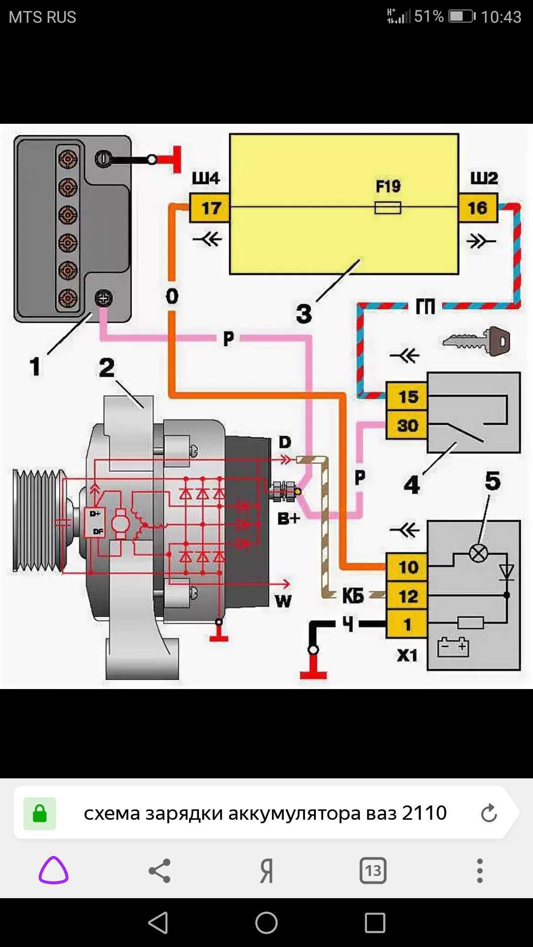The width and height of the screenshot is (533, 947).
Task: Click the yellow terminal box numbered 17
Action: click(x=210, y=208)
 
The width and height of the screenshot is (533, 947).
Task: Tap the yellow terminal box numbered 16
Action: click(x=478, y=208)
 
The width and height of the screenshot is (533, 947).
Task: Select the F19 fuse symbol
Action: click(x=387, y=208)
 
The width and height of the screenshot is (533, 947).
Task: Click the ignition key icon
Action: click(x=477, y=341)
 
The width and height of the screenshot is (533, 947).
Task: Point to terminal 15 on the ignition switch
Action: click(x=407, y=397)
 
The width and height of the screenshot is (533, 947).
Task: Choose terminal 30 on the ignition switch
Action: click(x=407, y=425)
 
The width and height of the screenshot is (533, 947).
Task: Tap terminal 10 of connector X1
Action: click(x=407, y=567)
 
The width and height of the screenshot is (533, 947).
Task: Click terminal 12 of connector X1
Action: click(x=407, y=596)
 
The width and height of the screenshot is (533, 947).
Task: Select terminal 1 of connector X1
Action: click(x=407, y=624)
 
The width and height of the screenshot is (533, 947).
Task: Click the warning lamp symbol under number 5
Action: click(x=478, y=553)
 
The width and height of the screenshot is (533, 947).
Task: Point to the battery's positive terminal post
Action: click(x=104, y=298)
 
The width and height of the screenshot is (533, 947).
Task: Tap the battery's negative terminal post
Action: click(x=104, y=159)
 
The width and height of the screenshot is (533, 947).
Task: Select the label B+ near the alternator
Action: click(x=289, y=518)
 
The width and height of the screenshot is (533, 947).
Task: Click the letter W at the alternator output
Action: click(x=283, y=601)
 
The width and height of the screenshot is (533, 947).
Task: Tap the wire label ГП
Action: click(x=425, y=307)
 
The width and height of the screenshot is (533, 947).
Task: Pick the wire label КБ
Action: click(x=353, y=596)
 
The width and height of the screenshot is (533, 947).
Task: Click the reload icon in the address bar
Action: click(x=489, y=813)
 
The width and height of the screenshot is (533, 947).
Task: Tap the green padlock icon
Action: click(x=39, y=813)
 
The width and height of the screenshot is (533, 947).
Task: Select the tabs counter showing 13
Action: click(x=373, y=871)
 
